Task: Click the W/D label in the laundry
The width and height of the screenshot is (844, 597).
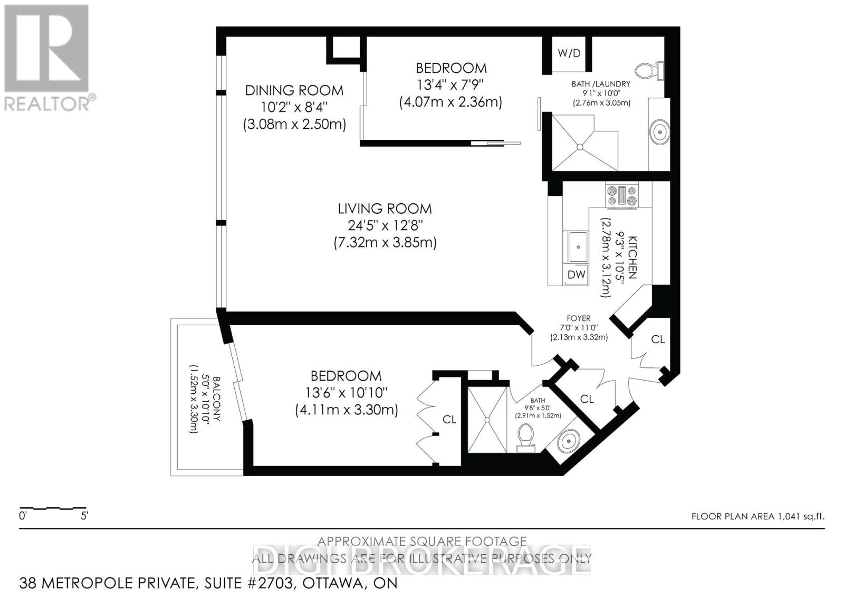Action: pos(569,53)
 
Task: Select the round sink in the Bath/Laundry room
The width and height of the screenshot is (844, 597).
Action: pos(659,131)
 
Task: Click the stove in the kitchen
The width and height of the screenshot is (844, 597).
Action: pos(622,196)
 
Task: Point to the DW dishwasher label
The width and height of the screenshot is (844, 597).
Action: pos(577,274)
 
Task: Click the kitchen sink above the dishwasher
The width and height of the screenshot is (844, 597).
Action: pos(578,247)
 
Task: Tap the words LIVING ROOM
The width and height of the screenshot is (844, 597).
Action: pos(385,209)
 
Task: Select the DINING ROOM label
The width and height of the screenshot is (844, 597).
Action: pos(294,90)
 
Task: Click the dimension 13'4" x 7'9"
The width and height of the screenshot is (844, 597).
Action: pos(450,84)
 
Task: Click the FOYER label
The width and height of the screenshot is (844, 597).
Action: pos(579,318)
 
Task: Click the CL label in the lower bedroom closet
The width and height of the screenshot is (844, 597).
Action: pos(449,420)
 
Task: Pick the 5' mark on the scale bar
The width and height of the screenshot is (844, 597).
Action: pos(84,516)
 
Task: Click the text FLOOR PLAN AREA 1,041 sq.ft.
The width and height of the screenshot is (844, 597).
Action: pos(757,516)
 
